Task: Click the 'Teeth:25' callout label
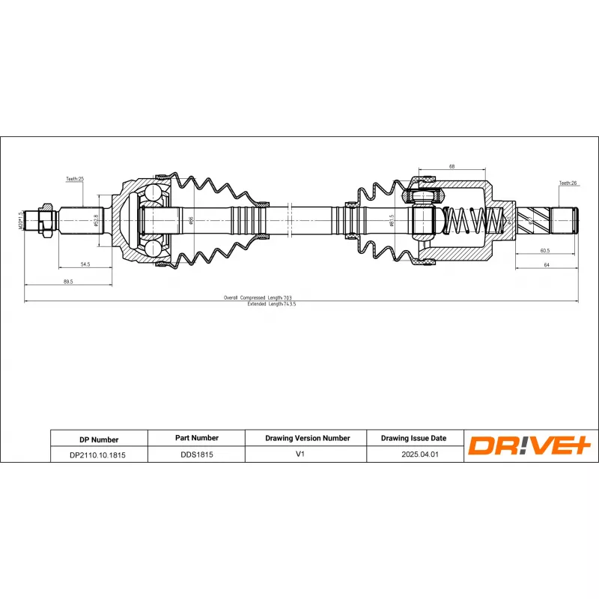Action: click(74, 180)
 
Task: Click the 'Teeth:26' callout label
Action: click(568, 183)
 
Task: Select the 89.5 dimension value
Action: click(68, 282)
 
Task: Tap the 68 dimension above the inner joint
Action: click(452, 165)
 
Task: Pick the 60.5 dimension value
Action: click(545, 251)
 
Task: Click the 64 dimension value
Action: click(547, 265)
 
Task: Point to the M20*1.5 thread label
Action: click(21, 222)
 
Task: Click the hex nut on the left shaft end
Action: click(46, 221)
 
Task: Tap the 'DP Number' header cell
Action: click(99, 440)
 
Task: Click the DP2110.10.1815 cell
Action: click(99, 454)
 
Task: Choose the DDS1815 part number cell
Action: click(195, 454)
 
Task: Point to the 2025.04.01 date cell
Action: click(413, 454)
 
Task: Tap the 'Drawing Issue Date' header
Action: click(413, 439)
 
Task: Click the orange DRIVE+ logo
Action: click(530, 446)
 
